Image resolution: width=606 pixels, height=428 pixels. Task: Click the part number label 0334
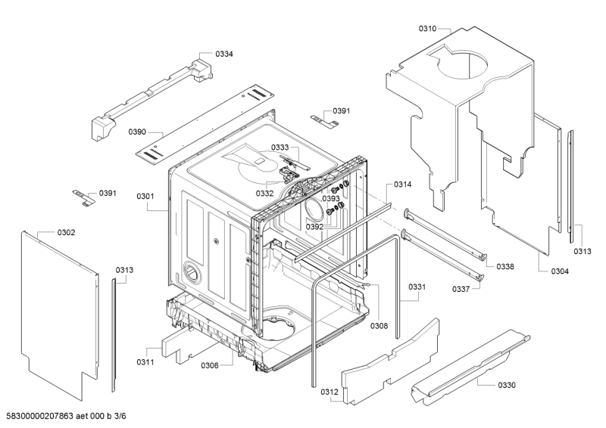pyautogui.click(x=224, y=54)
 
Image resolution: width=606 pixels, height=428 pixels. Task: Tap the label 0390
pyautogui.click(x=137, y=132)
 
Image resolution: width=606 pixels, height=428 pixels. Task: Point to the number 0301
pyautogui.click(x=145, y=197)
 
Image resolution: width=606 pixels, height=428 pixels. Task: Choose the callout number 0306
pyautogui.click(x=210, y=366)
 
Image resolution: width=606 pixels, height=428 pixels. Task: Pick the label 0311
pyautogui.click(x=146, y=363)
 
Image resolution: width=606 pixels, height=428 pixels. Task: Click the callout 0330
pyautogui.click(x=507, y=385)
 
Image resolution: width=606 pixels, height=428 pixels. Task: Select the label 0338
pyautogui.click(x=505, y=267)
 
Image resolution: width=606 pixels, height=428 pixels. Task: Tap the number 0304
pyautogui.click(x=561, y=271)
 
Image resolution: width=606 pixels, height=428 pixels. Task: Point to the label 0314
pyautogui.click(x=403, y=185)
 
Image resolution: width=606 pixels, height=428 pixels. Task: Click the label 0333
pyautogui.click(x=259, y=147)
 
